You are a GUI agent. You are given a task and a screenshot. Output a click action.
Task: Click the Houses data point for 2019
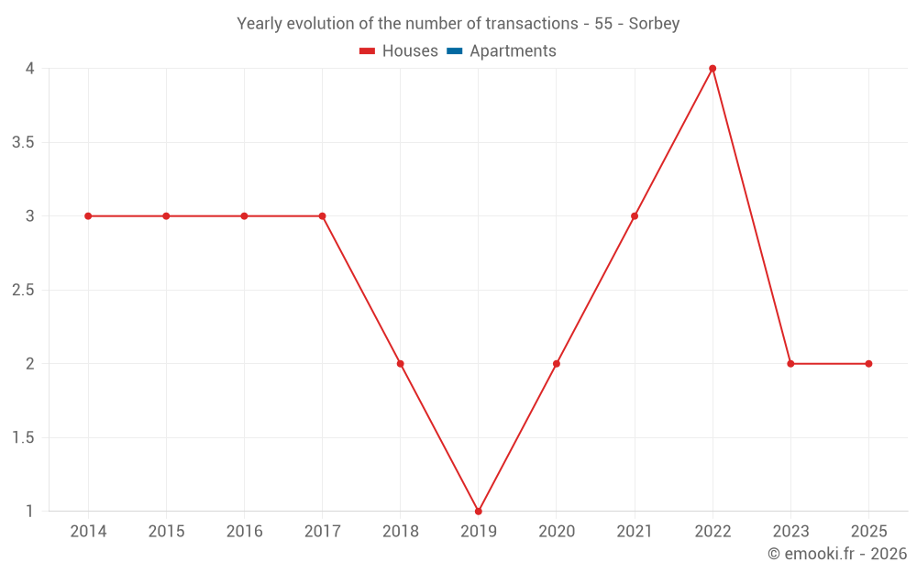point(479,511)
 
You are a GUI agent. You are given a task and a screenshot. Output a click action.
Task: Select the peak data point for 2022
point(713,69)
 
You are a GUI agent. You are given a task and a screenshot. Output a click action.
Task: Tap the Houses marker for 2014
point(88,216)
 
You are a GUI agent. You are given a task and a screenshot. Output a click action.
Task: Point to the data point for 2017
point(322,216)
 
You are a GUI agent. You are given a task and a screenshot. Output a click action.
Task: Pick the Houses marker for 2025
point(868,364)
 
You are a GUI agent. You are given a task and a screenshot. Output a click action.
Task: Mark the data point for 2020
point(557,364)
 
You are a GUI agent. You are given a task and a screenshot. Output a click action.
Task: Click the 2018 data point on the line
point(400,364)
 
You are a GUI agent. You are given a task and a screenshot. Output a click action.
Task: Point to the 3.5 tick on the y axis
point(23,143)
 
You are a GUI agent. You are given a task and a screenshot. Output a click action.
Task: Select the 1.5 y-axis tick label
point(23,437)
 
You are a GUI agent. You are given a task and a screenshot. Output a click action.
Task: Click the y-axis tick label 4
point(30,69)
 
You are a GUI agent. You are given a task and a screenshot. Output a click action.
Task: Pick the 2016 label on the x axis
point(244,532)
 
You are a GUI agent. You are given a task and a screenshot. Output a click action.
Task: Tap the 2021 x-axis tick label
point(635,532)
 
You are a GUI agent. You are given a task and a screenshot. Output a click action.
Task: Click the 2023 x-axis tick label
point(790,532)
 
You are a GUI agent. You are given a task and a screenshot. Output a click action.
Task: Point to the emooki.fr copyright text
point(837,554)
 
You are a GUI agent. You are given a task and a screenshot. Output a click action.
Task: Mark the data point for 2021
point(635,216)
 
